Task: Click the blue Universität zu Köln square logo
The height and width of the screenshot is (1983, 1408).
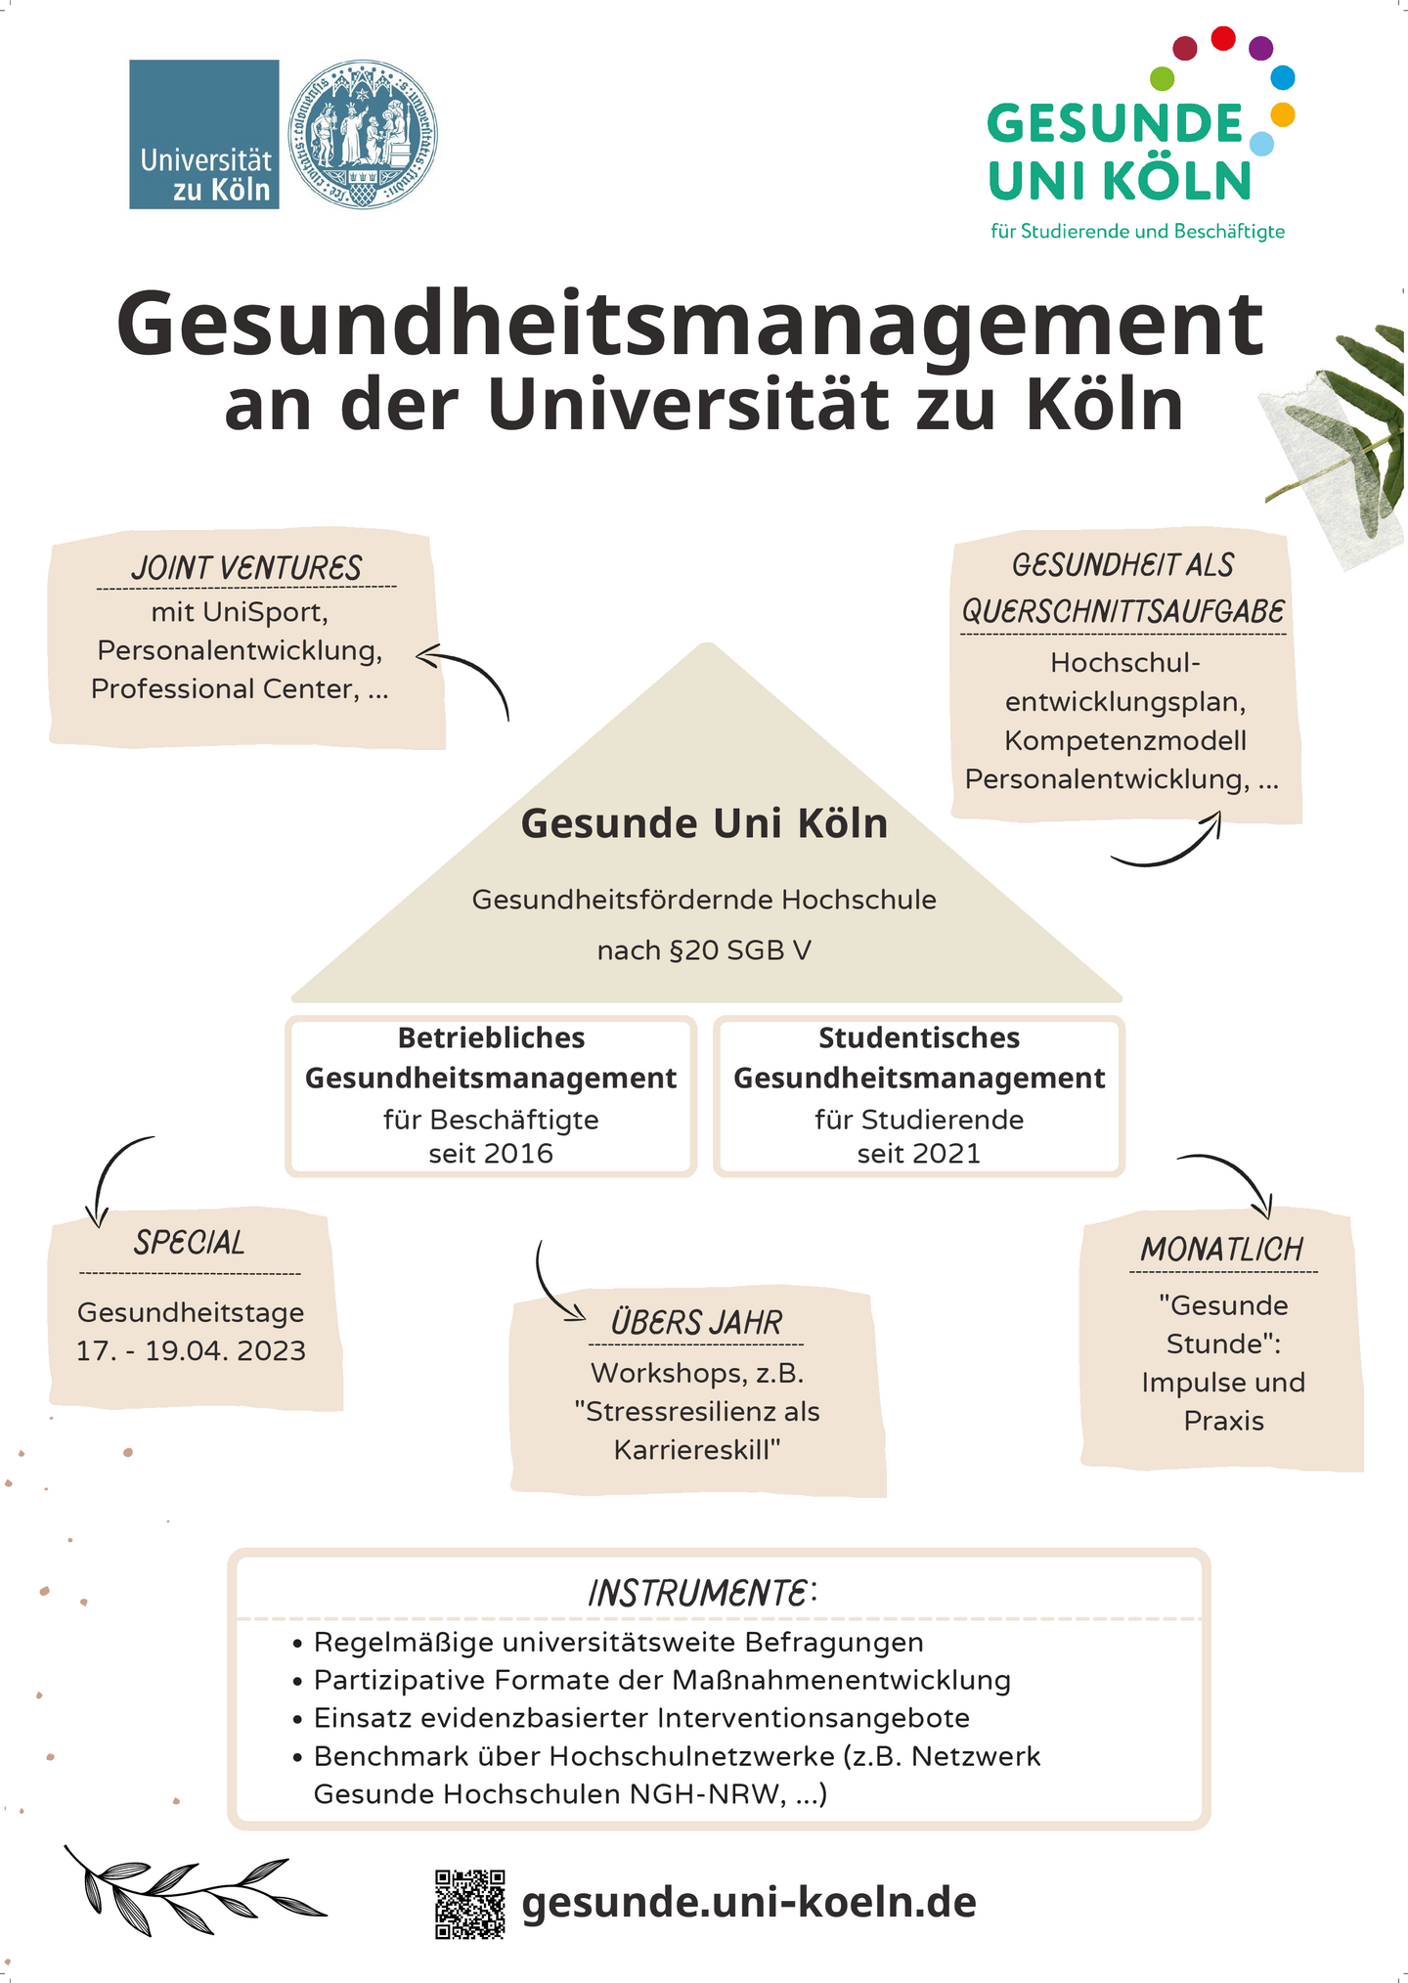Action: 204,134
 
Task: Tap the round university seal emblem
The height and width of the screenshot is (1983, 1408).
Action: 363,134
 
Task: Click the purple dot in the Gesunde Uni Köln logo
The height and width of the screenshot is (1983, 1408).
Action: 1261,47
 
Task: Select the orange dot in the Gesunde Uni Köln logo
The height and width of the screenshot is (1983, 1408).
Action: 1283,114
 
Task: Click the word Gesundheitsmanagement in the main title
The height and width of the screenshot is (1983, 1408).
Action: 690,324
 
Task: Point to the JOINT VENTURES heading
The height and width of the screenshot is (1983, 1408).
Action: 246,567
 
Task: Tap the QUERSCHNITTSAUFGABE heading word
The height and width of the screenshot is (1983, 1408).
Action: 1123,612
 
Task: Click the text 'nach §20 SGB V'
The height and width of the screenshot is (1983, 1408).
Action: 704,950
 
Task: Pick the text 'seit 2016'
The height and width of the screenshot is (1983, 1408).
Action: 491,1154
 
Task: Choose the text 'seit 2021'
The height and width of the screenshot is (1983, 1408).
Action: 919,1154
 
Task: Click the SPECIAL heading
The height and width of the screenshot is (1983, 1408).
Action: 190,1243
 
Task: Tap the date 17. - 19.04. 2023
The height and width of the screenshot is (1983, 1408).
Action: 192,1351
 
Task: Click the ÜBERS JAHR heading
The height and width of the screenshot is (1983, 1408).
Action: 697,1322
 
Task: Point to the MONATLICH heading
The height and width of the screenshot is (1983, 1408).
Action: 1222,1249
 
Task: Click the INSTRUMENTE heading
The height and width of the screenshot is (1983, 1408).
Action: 702,1594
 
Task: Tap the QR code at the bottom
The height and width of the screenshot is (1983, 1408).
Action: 470,1904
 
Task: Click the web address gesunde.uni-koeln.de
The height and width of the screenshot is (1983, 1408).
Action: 749,1903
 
